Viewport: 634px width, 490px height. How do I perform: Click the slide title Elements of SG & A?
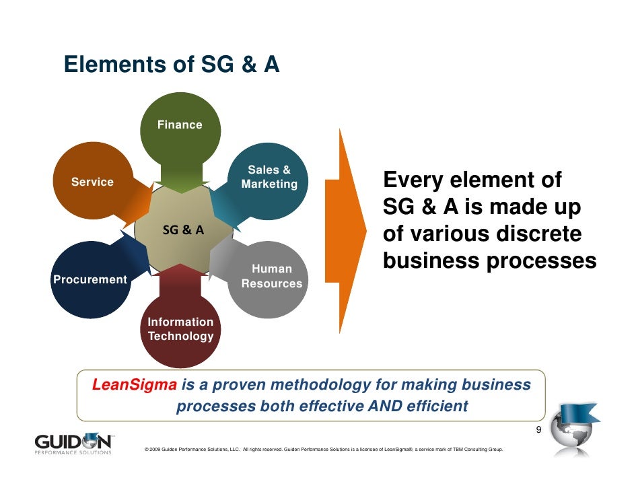pos(171,65)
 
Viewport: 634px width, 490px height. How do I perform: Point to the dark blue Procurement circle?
pos(90,279)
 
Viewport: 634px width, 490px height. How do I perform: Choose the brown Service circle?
pos(92,182)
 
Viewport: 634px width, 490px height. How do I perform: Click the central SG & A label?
pos(183,230)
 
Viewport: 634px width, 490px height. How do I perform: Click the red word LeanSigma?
pos(134,386)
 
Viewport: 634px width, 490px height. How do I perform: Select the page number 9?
pos(538,431)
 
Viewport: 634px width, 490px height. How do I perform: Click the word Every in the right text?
pos(413,181)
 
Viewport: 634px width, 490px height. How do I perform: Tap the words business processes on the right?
pos(489,262)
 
